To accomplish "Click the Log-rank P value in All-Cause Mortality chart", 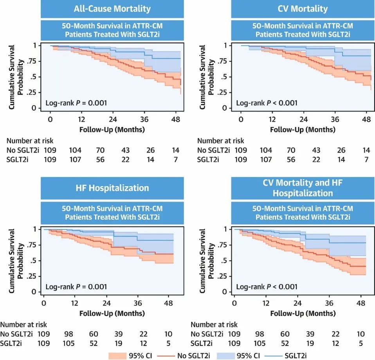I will [x=77, y=103].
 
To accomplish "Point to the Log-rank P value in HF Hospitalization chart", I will [x=77, y=286].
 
